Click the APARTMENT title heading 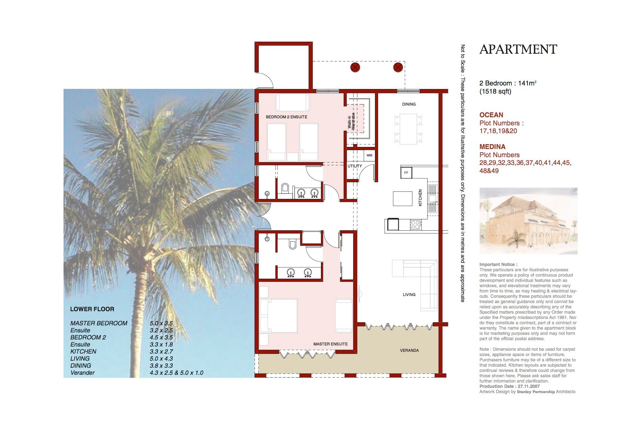(x=518, y=49)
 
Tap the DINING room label (x=409, y=104)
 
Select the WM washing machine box (x=369, y=155)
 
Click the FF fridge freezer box (x=406, y=173)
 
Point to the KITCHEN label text (x=420, y=198)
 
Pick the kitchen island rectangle (x=403, y=199)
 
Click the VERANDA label (x=409, y=350)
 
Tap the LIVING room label (x=409, y=295)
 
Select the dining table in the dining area (x=408, y=129)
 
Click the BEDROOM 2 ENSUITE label (x=286, y=117)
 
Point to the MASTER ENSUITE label (x=331, y=344)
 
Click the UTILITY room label (x=355, y=166)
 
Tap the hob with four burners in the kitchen (x=415, y=224)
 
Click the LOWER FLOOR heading (x=92, y=309)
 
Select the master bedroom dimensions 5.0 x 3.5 (x=161, y=323)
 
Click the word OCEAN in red (x=491, y=115)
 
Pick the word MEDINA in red (x=492, y=147)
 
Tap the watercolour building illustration (x=528, y=221)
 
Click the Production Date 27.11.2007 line (x=504, y=386)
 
